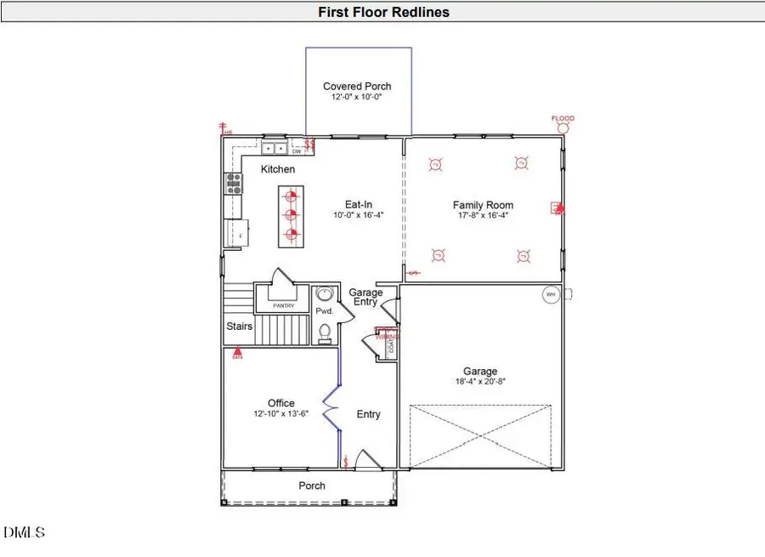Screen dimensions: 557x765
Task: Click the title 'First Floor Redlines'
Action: tap(383, 12)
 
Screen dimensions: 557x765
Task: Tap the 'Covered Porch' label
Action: tap(357, 86)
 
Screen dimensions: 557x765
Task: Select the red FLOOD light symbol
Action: tap(563, 127)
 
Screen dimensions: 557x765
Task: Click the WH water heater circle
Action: tap(550, 294)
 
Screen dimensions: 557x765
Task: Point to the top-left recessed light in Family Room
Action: tap(436, 163)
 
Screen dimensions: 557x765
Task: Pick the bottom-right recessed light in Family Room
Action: tap(522, 255)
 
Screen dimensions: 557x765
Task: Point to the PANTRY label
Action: tap(282, 304)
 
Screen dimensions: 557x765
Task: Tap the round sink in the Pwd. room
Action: tap(324, 295)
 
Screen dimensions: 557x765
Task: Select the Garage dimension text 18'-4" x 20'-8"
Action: tap(480, 383)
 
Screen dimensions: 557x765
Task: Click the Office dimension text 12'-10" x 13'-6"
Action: tap(280, 414)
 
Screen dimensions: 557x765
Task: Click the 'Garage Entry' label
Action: tap(365, 298)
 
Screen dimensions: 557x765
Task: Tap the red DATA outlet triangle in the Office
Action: tap(237, 350)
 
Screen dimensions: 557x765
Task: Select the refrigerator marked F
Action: tap(234, 231)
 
